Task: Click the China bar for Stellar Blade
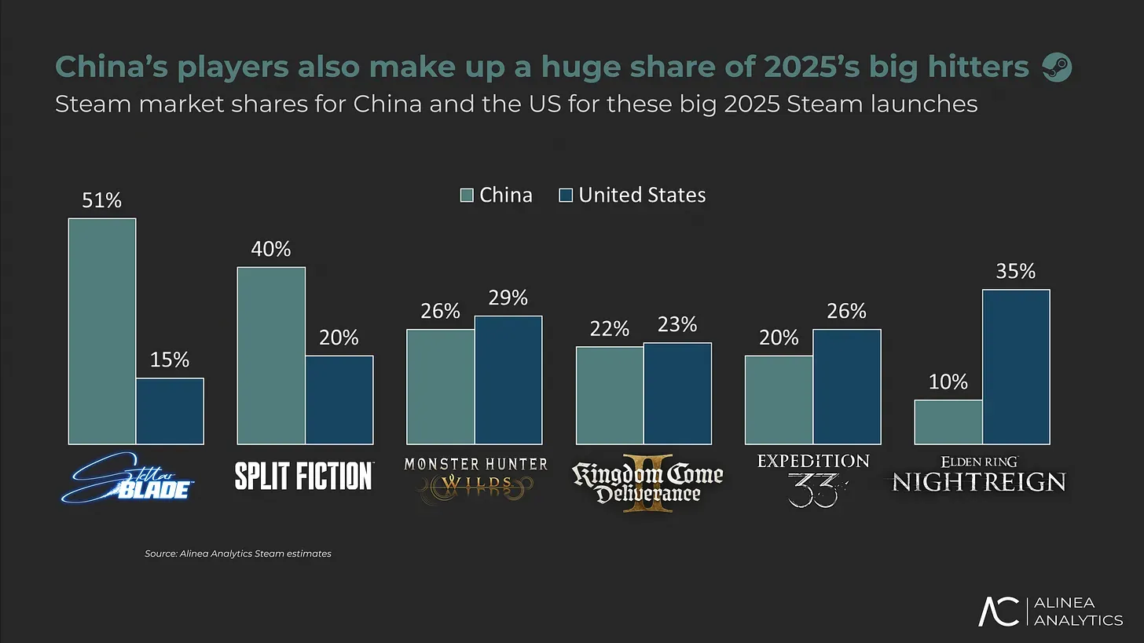coord(102,331)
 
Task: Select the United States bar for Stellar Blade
coord(170,411)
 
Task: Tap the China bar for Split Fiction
coord(271,356)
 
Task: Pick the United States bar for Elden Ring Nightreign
coord(1016,367)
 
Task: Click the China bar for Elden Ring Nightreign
coord(948,422)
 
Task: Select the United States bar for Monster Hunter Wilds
coord(508,380)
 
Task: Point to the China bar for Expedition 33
coord(779,400)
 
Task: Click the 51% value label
coord(102,200)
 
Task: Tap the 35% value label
coord(1015,272)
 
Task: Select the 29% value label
coord(508,298)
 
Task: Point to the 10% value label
coord(948,382)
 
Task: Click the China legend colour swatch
coord(467,195)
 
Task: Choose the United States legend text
coord(642,195)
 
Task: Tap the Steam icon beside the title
coord(1056,68)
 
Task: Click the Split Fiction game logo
coord(304,476)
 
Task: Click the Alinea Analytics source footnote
coord(238,553)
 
